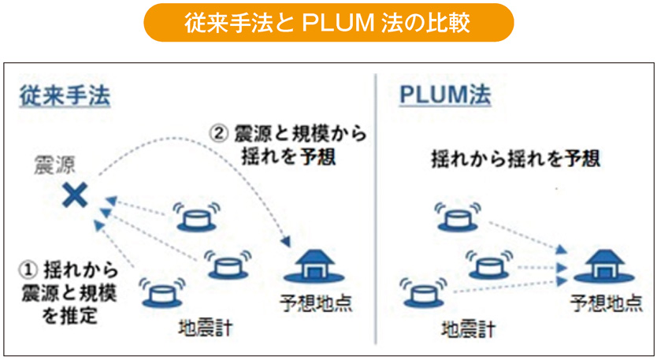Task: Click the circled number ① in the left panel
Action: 26,269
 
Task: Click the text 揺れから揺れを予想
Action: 515,158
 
